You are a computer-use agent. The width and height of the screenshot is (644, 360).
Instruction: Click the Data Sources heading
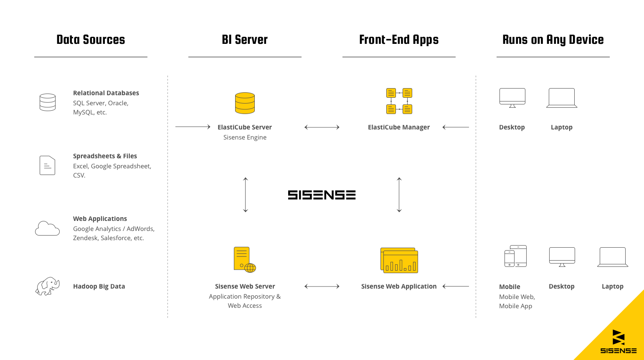click(91, 40)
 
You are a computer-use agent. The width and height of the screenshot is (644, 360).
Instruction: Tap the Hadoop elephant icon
click(47, 286)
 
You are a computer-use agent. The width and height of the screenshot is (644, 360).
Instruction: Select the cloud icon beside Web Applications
click(47, 228)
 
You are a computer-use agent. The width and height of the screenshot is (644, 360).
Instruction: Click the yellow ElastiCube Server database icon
click(245, 103)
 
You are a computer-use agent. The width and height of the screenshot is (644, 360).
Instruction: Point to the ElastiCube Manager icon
click(399, 101)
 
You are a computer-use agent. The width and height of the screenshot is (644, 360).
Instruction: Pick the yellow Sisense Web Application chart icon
click(399, 260)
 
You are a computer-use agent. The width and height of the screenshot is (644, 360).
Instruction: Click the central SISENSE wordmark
click(322, 195)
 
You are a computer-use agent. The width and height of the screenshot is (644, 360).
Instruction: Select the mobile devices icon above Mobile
click(515, 256)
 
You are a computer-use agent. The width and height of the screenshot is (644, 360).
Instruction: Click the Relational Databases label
click(106, 93)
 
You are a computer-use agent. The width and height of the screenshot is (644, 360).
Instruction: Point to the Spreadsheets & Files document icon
click(47, 165)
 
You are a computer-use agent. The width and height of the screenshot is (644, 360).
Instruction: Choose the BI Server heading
click(245, 40)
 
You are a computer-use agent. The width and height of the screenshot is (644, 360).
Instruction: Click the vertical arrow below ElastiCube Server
click(246, 195)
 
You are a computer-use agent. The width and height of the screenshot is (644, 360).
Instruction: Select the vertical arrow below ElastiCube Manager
click(399, 195)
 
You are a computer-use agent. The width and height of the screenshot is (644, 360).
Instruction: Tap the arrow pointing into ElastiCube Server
click(193, 127)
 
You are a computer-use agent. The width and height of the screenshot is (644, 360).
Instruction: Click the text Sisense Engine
click(245, 137)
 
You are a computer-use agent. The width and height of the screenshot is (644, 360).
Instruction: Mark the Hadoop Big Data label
click(99, 286)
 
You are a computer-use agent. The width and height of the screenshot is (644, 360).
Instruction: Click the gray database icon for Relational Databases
click(47, 102)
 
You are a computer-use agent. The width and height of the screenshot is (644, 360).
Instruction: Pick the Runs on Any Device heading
click(553, 40)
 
